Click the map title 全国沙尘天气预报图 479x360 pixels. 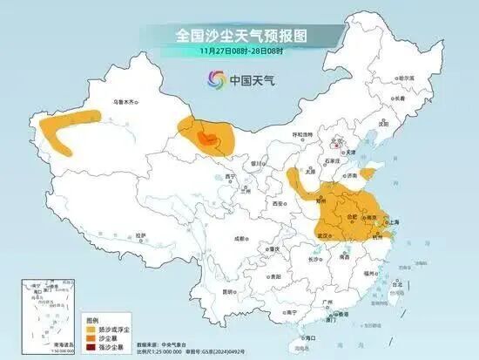[239, 35]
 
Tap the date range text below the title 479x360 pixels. [239, 51]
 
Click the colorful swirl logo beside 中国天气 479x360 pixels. [215, 79]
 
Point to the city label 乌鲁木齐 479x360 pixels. [127, 102]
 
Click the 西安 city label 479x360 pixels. [277, 203]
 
